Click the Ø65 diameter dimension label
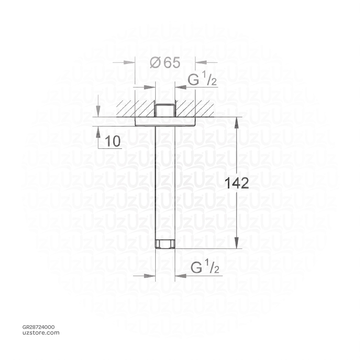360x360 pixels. pyautogui.click(x=165, y=63)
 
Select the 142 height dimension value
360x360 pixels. pyautogui.click(x=237, y=184)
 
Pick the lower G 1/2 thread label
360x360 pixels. pyautogui.click(x=205, y=268)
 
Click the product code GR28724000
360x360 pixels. pyautogui.click(x=38, y=327)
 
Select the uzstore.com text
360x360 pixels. pyautogui.click(x=41, y=333)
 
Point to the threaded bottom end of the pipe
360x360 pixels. pyautogui.click(x=165, y=244)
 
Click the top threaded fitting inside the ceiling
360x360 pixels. pyautogui.click(x=165, y=110)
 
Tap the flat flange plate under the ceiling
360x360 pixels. pyautogui.click(x=165, y=121)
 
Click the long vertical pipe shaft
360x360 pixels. pyautogui.click(x=165, y=183)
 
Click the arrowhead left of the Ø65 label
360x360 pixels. pyautogui.click(x=130, y=63)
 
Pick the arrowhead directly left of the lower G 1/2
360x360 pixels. pyautogui.click(x=151, y=276)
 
